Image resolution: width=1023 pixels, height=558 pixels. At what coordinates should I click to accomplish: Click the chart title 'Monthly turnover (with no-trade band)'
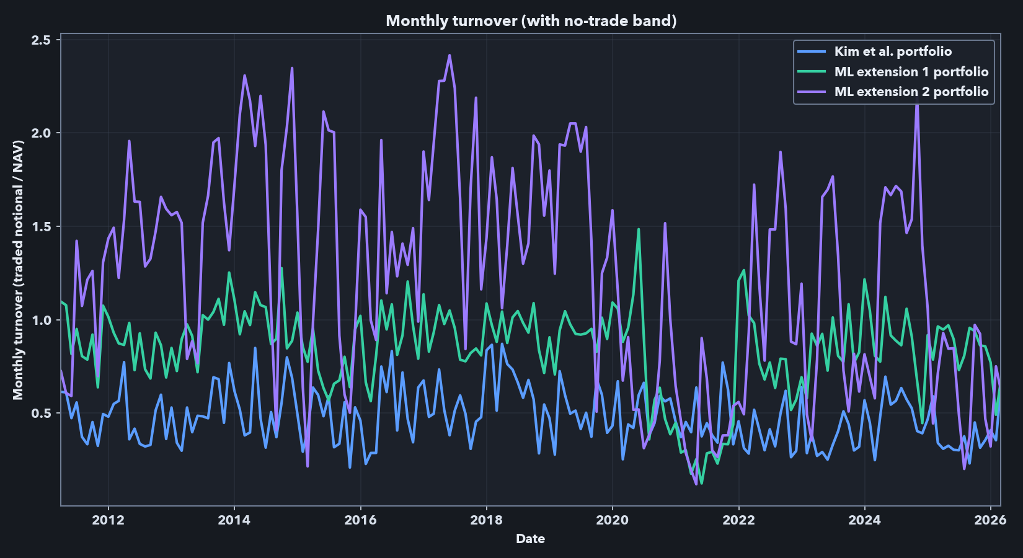pos(531,20)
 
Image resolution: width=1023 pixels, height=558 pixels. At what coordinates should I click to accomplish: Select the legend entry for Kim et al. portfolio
pos(893,51)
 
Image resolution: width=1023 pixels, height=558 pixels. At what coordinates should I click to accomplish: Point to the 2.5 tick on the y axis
pos(42,40)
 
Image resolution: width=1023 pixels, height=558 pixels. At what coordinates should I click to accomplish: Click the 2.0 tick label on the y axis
pos(42,133)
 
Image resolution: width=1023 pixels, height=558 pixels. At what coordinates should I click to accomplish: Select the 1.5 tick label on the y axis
pos(42,227)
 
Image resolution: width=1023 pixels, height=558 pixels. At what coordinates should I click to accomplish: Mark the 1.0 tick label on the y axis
pos(42,321)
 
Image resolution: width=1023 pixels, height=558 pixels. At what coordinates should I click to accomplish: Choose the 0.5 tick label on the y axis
pos(42,414)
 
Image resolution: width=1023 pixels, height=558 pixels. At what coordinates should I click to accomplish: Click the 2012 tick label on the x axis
pos(108,520)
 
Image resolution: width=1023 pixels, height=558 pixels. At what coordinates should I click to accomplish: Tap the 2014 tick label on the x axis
pos(234,520)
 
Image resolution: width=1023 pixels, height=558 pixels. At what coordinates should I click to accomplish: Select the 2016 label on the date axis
pos(360,520)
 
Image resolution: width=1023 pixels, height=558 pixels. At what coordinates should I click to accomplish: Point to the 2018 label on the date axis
pos(487,520)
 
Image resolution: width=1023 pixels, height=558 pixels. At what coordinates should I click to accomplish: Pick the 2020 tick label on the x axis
pos(613,520)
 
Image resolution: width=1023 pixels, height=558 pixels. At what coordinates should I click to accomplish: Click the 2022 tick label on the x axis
pos(738,520)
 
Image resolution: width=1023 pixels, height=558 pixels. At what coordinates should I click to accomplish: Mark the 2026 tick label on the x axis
pos(990,520)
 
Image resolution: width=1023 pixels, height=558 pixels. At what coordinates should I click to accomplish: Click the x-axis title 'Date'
pos(530,539)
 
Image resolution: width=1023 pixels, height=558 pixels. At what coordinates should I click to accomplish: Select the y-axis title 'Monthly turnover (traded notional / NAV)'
pos(18,270)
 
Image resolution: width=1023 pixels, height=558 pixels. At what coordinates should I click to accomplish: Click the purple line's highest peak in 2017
pos(449,55)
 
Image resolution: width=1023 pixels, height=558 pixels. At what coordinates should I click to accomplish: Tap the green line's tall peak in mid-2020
pos(639,229)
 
